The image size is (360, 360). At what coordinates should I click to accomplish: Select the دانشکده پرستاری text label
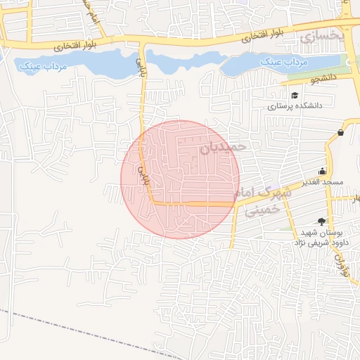295,106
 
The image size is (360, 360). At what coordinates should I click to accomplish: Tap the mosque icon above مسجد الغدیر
323,171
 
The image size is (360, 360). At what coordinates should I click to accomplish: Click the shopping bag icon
341,131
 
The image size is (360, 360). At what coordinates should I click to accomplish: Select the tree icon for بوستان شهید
323,220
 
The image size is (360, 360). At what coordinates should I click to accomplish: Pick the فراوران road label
343,264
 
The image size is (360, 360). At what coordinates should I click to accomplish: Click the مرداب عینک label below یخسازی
285,62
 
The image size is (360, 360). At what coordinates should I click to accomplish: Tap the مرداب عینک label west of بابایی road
41,65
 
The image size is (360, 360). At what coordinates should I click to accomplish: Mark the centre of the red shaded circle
180,179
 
